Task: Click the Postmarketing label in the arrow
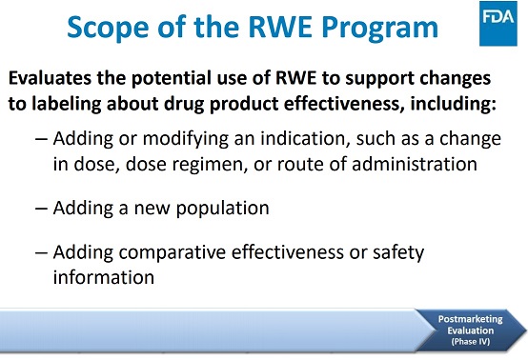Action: [x=466, y=318]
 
